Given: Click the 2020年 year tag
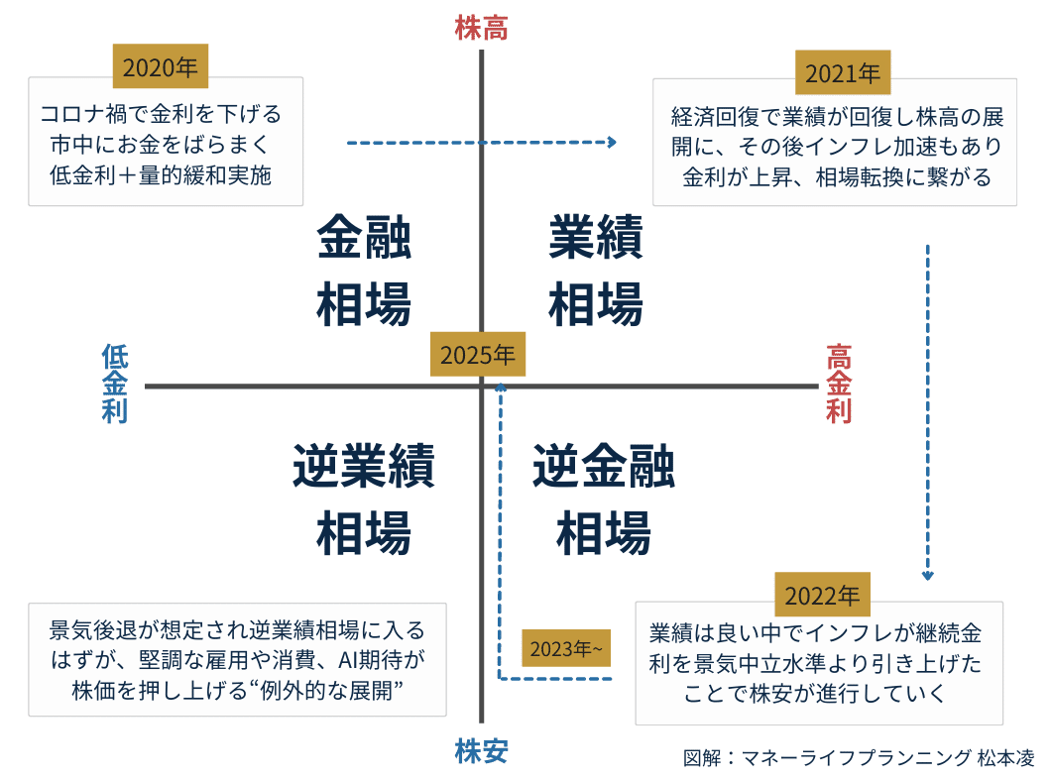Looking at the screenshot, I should click(x=161, y=68).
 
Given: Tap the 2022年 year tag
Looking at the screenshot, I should click(x=822, y=595).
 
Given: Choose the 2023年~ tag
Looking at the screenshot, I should click(x=566, y=649).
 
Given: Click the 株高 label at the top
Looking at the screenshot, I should click(x=481, y=28).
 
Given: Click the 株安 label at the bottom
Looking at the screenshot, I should click(x=481, y=752).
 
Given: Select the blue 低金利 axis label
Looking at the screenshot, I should click(x=115, y=385).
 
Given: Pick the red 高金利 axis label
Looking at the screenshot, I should click(x=840, y=385).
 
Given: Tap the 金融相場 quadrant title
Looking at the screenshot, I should click(x=364, y=271).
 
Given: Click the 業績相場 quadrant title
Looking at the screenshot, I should click(x=596, y=271).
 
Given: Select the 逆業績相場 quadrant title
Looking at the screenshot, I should click(x=364, y=499).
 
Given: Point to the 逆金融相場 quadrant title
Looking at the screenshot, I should click(x=603, y=499).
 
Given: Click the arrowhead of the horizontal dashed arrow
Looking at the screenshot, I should click(x=612, y=143).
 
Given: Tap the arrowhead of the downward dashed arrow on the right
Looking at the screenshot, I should click(x=928, y=574).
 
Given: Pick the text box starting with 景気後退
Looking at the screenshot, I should click(x=237, y=659).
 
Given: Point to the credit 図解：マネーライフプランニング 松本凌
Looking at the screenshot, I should click(x=859, y=757).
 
